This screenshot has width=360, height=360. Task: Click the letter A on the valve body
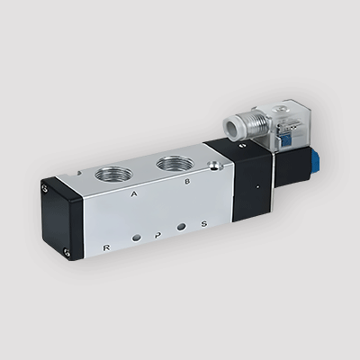click(x=134, y=193)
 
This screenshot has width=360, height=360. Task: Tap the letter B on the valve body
click(x=186, y=181)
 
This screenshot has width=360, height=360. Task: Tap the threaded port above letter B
click(x=172, y=163)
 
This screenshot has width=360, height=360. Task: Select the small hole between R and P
click(x=135, y=239)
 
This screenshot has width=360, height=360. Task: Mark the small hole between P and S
click(x=182, y=229)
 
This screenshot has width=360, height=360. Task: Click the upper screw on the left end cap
click(x=45, y=190)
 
